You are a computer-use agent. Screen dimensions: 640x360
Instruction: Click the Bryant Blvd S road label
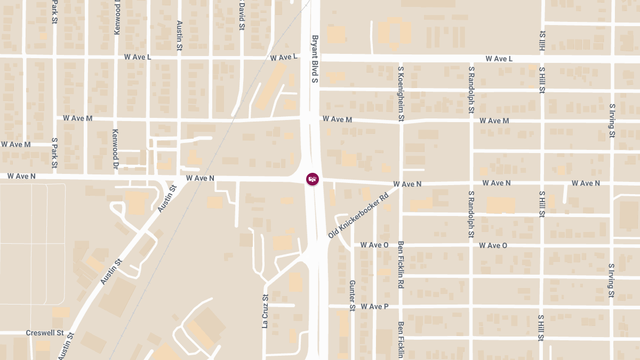tap(315, 59)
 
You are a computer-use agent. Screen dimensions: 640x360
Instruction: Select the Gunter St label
tap(352, 295)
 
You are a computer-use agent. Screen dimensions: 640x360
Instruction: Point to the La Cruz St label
tap(265, 311)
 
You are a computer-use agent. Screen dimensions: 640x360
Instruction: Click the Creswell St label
tap(45, 333)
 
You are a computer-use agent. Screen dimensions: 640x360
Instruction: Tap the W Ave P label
tap(374, 307)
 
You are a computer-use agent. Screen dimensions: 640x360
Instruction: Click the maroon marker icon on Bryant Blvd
tap(313, 179)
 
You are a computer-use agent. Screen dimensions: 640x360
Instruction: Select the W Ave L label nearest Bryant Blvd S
tap(283, 58)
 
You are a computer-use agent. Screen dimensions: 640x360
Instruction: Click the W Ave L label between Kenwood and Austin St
tap(138, 57)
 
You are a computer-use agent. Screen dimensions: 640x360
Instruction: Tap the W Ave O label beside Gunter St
tap(374, 245)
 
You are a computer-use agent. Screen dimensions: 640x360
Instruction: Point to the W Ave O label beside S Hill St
tap(493, 245)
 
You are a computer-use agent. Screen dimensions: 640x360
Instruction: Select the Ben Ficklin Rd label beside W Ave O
tap(401, 265)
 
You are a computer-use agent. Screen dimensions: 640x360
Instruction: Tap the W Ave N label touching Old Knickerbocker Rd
tap(407, 184)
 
